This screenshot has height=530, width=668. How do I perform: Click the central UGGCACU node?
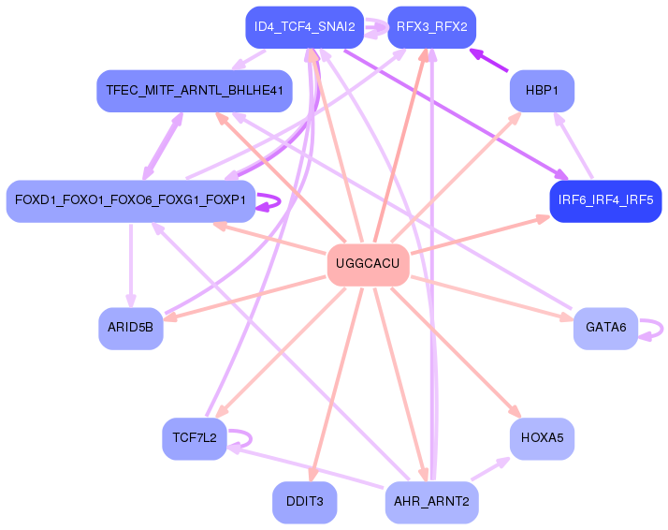(368, 264)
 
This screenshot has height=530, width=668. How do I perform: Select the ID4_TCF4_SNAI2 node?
(305, 27)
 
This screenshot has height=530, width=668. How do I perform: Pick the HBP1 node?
(541, 91)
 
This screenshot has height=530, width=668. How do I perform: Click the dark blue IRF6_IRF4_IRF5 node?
(605, 200)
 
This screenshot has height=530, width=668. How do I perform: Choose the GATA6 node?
(605, 328)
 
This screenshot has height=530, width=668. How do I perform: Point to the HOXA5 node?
(541, 437)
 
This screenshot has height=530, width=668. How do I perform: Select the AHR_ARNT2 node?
(431, 502)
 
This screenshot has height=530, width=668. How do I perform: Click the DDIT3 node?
(305, 502)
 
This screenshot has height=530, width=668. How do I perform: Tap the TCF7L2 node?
(195, 437)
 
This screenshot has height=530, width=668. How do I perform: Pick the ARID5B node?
(131, 328)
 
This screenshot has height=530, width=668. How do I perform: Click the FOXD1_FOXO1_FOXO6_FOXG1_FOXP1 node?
(131, 200)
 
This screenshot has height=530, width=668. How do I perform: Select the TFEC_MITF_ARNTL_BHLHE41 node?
(195, 91)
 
